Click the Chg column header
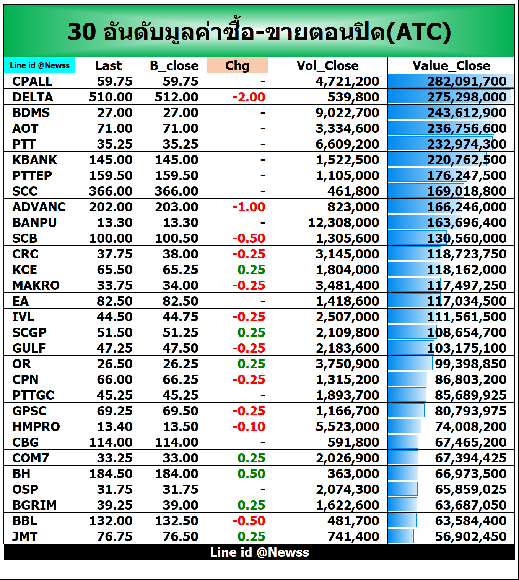pyautogui.click(x=237, y=65)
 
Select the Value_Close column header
pyautogui.click(x=451, y=65)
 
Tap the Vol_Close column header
pyautogui.click(x=327, y=65)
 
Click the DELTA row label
pyautogui.click(x=33, y=97)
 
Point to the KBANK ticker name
pyautogui.click(x=34, y=160)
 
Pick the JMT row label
pyautogui.click(x=25, y=536)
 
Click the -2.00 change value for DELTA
pyautogui.click(x=249, y=97)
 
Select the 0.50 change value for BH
pyautogui.click(x=251, y=474)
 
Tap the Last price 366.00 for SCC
pyautogui.click(x=111, y=191)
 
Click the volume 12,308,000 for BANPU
pyautogui.click(x=343, y=222)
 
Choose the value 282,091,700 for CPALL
pyautogui.click(x=467, y=81)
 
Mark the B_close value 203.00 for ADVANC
pyautogui.click(x=176, y=207)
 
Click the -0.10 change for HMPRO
pyautogui.click(x=249, y=426)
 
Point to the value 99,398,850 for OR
pyautogui.click(x=470, y=364)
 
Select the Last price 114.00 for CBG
pyautogui.click(x=111, y=442)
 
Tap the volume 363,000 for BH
pyautogui.click(x=353, y=474)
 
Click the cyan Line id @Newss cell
pyautogui.click(x=40, y=65)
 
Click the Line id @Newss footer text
pyautogui.click(x=259, y=552)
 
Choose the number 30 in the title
pyautogui.click(x=82, y=32)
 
